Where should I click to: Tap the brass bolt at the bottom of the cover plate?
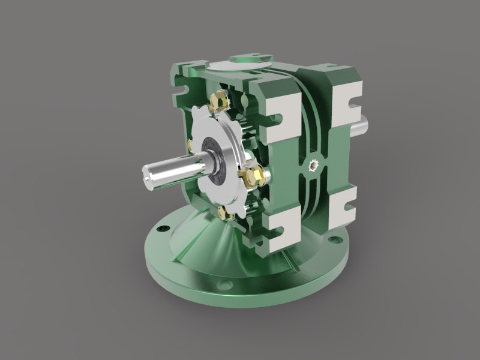tap(225, 212)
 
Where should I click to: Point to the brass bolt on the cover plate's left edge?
tap(190, 145)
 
